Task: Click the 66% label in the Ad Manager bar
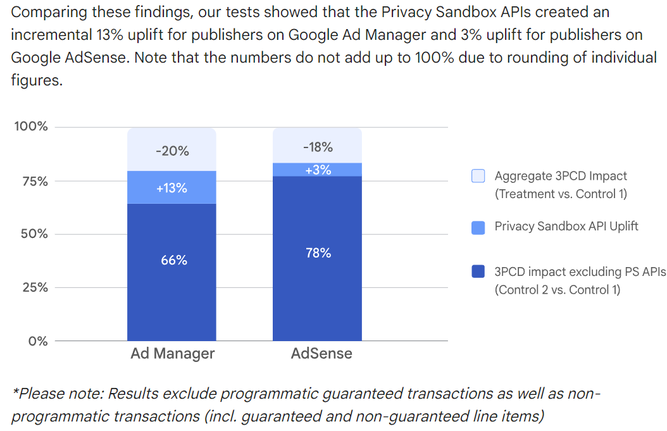coord(173,260)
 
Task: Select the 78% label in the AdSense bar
coord(318,253)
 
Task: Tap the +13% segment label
coord(172,188)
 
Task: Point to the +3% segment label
coord(318,170)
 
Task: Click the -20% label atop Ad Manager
coord(172,151)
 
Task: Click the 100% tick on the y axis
coord(31,127)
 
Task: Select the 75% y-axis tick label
coord(35,182)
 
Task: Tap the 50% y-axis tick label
coord(35,234)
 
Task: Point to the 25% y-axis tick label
coord(35,287)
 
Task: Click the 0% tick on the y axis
coord(39,341)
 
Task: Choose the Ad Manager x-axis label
coord(173,353)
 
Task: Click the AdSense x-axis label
coord(321,353)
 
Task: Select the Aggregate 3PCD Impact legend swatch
coord(478,177)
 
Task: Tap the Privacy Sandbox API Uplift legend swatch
coord(478,227)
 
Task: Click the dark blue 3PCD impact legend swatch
coord(478,272)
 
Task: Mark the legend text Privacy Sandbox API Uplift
coord(566,226)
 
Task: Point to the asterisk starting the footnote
coord(15,392)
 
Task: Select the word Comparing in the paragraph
coord(42,12)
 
